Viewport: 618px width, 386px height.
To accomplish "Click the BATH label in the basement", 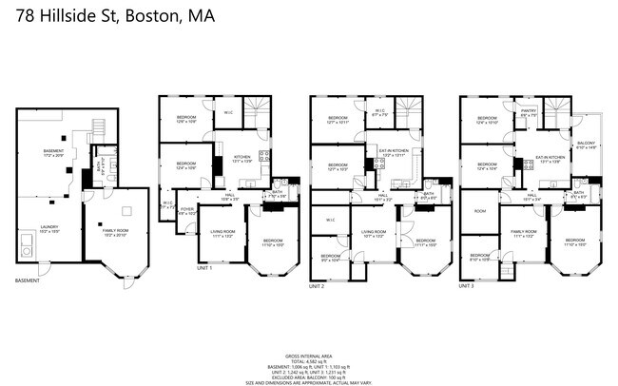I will click(x=98, y=170).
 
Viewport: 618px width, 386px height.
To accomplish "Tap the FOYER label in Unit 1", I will click(x=187, y=211).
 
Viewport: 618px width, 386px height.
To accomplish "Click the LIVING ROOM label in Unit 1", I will click(x=222, y=232).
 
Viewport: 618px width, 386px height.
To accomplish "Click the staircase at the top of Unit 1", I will click(x=256, y=111).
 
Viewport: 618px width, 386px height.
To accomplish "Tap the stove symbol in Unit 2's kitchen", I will click(x=378, y=163).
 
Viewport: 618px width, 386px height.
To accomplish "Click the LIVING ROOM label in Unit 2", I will click(x=372, y=232).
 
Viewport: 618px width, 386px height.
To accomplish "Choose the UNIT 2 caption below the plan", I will click(x=318, y=285).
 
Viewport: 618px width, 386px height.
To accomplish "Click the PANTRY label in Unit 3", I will click(x=529, y=112).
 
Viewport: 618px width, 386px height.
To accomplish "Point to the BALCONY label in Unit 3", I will click(x=586, y=145).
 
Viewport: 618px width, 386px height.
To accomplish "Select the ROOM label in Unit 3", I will click(x=480, y=211).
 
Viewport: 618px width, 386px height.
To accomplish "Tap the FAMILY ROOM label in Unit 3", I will click(x=524, y=231).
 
